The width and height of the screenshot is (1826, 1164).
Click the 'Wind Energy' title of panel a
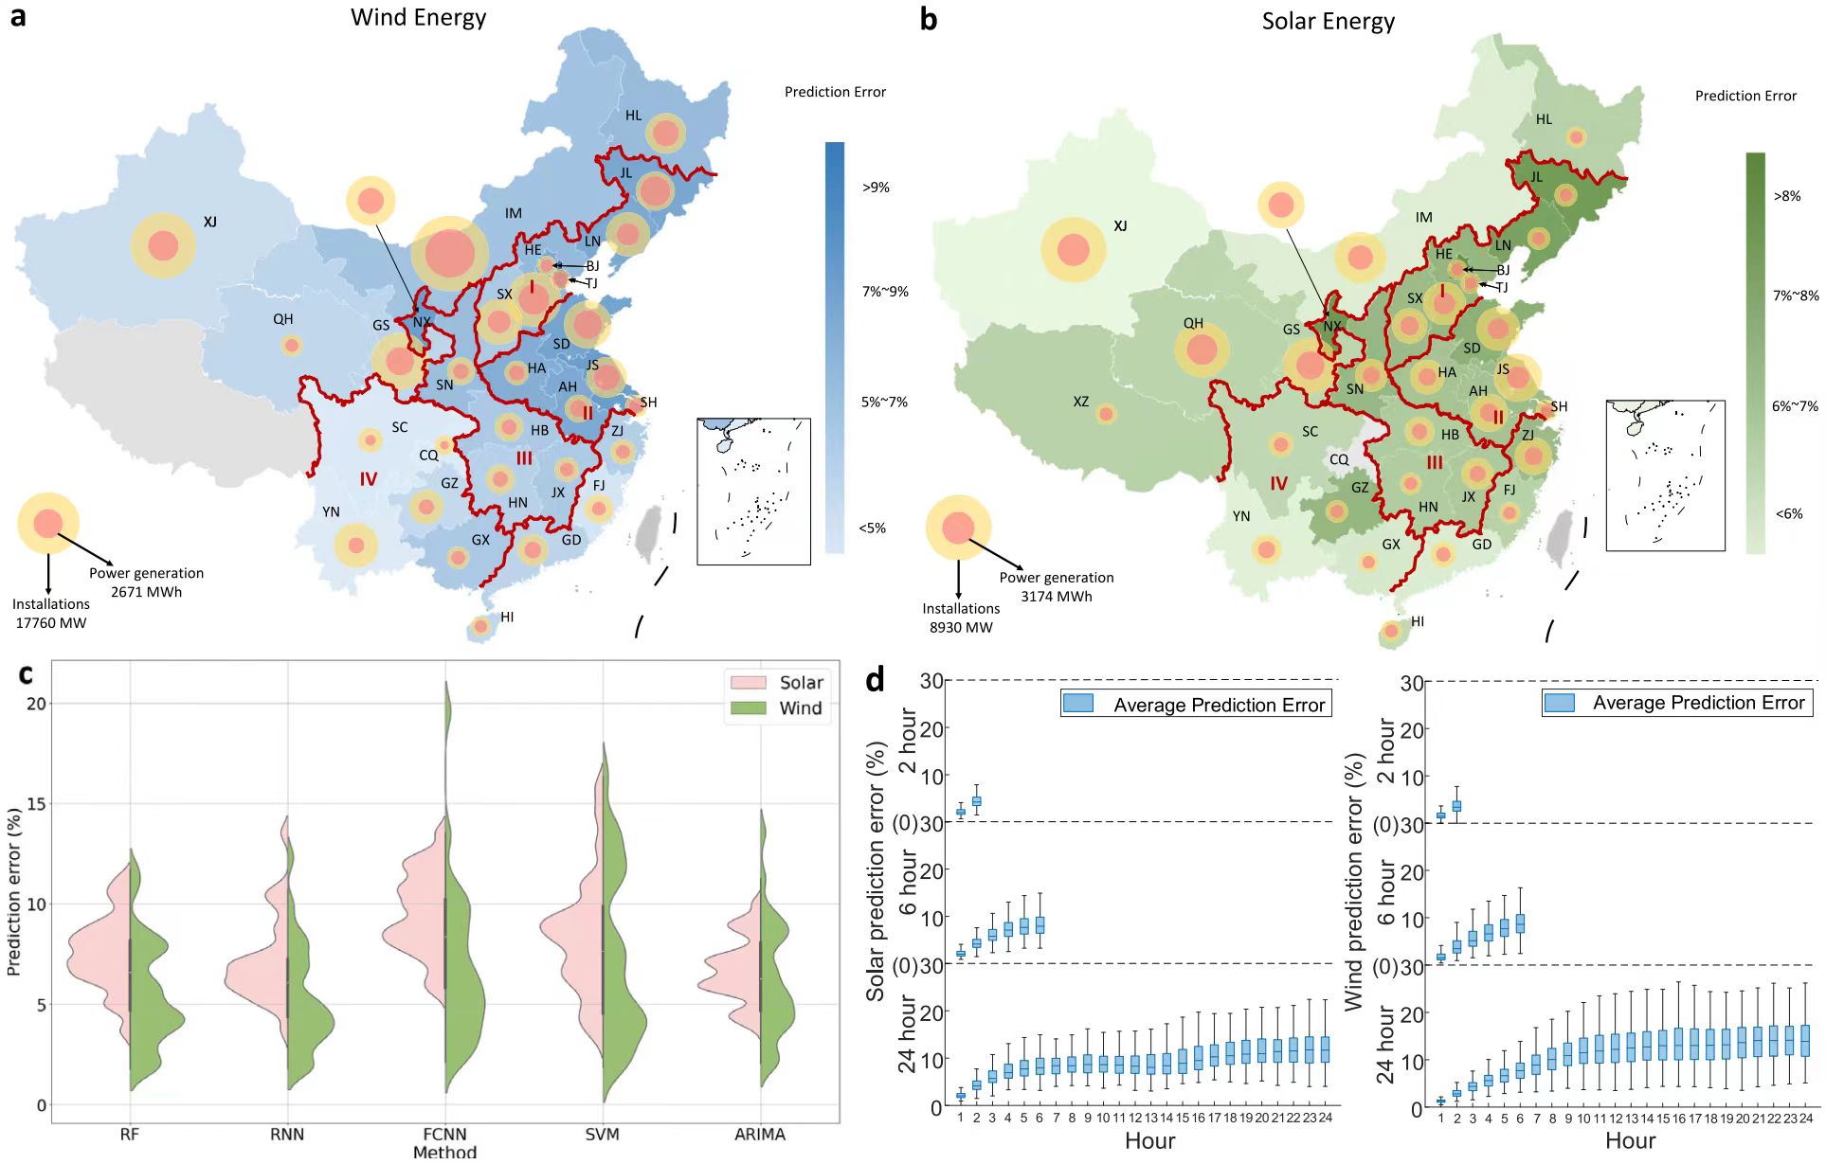click(x=418, y=18)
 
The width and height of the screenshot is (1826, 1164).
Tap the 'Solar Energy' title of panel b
click(x=1328, y=22)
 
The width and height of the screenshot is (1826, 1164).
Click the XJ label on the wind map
click(x=210, y=222)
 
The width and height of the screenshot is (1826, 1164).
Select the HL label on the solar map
click(x=1544, y=119)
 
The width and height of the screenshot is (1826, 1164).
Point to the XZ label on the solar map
click(x=1080, y=402)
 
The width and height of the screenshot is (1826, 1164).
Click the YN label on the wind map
click(x=331, y=512)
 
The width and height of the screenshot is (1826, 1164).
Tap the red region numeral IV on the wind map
click(x=369, y=479)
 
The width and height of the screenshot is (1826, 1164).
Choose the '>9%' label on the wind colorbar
click(x=876, y=188)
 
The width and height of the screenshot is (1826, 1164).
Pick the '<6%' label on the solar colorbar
click(x=1788, y=514)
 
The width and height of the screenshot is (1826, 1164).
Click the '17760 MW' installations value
click(x=51, y=623)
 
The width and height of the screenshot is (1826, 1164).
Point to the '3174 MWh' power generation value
click(x=1056, y=597)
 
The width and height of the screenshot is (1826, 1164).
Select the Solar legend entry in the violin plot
click(x=801, y=683)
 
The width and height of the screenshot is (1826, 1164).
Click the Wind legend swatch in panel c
click(x=748, y=708)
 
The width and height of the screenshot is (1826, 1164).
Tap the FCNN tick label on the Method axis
click(x=444, y=1135)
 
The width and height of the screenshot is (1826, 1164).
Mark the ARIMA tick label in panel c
click(x=759, y=1135)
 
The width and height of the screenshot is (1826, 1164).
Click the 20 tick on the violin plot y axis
click(x=36, y=704)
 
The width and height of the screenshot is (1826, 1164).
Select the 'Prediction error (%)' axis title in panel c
click(x=13, y=891)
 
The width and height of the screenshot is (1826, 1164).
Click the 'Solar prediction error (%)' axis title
click(x=875, y=871)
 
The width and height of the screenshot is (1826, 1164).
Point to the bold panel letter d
click(x=875, y=679)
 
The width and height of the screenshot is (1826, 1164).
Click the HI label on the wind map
click(x=507, y=618)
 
